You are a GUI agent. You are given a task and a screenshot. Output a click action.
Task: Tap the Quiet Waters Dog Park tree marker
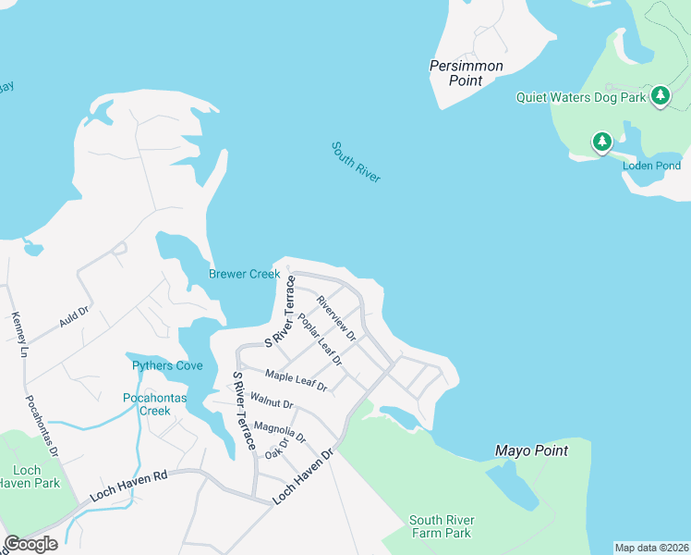point(661,95)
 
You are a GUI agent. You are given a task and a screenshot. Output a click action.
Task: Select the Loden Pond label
point(650,166)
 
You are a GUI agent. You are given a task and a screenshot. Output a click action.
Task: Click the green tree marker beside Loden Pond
point(602,142)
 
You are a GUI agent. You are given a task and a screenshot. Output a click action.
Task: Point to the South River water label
point(357,162)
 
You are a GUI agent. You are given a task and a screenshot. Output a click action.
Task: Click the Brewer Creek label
point(244,274)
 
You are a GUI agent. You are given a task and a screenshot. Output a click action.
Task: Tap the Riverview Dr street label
point(335,316)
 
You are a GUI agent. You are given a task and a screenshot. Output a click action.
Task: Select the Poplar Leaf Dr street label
point(320,339)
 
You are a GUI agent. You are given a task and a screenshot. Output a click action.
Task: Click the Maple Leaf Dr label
point(296,379)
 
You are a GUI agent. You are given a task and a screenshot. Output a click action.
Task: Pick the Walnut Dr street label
point(272,404)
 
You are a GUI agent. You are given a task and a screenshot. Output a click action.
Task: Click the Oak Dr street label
point(276,447)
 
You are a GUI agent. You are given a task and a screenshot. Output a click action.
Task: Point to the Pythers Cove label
point(167,365)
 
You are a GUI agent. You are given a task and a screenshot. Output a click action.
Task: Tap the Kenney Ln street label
point(18,334)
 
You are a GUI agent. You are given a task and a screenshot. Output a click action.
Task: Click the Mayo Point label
point(531,451)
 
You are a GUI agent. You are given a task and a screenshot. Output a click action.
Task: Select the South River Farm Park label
point(441,526)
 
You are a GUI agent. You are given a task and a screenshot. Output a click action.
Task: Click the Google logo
point(30,544)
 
